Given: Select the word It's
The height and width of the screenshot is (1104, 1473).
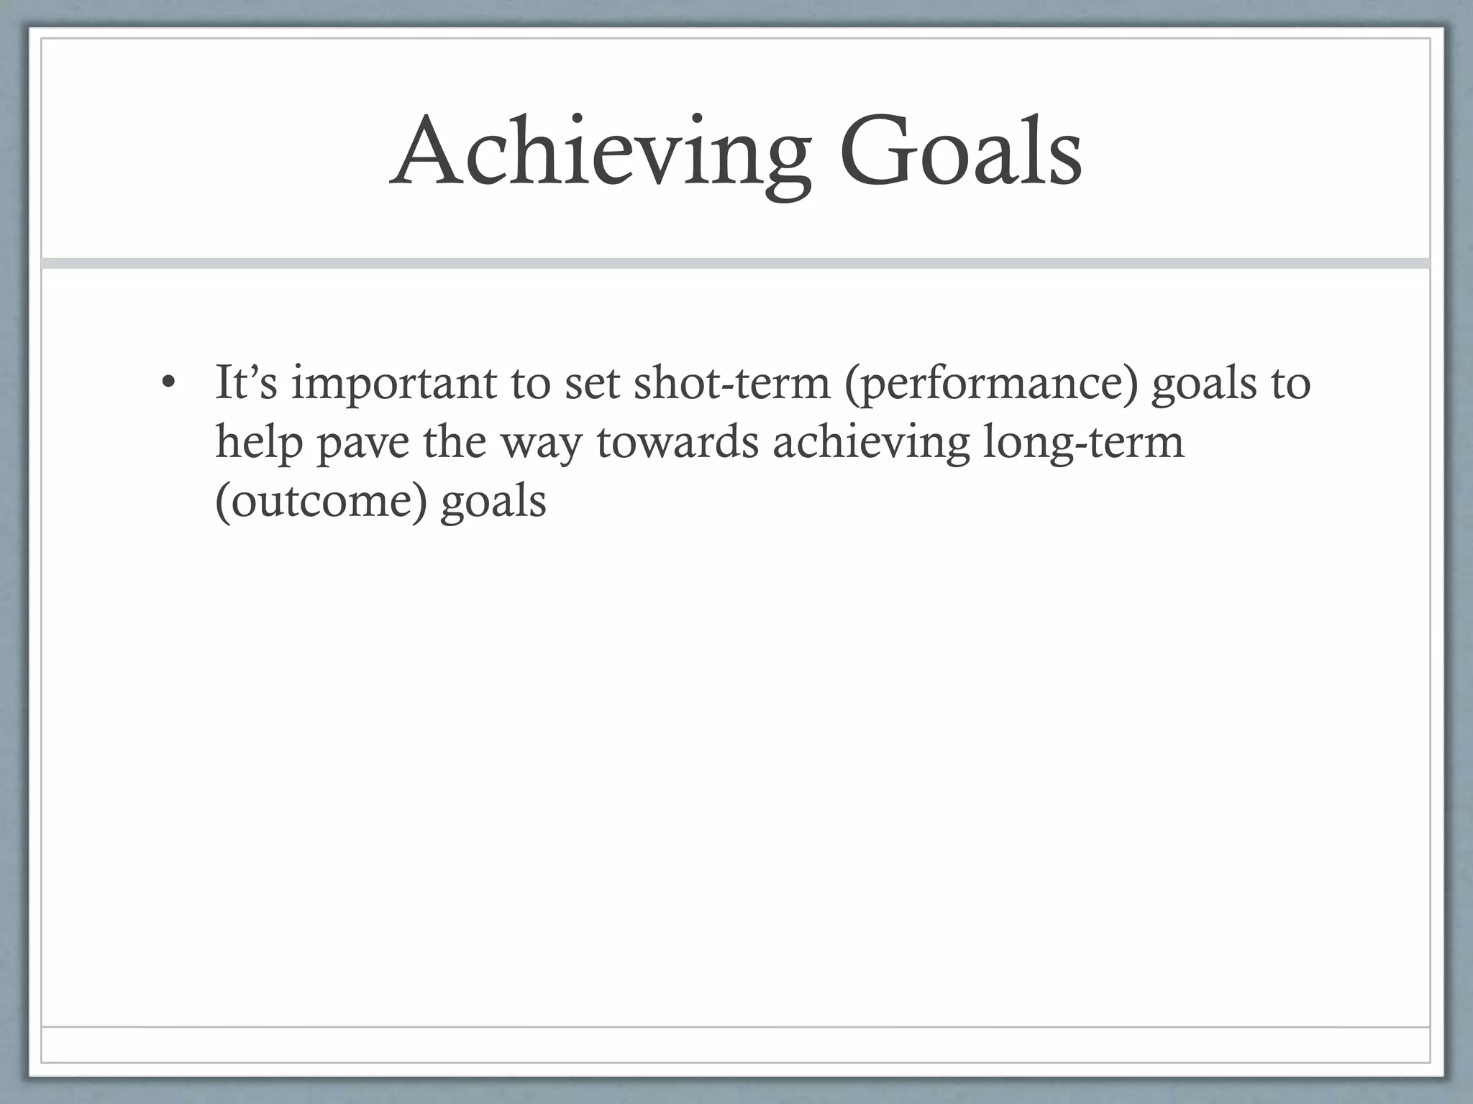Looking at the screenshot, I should click(246, 382).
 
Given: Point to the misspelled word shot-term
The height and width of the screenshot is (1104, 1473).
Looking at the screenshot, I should click(731, 382).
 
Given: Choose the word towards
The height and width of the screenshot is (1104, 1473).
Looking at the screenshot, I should click(678, 441).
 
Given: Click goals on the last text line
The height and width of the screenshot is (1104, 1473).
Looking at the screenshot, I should click(493, 502).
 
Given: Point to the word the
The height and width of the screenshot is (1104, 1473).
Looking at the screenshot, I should click(454, 441).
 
